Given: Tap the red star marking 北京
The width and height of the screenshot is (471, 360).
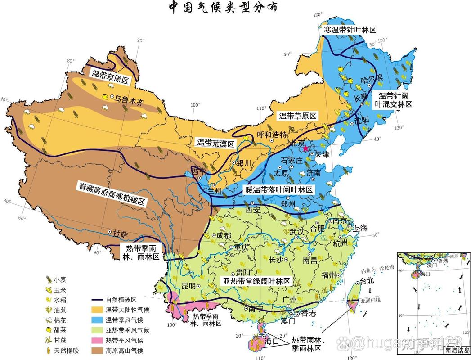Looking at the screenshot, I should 306,148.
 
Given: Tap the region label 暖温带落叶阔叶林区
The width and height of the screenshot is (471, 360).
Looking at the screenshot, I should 279,190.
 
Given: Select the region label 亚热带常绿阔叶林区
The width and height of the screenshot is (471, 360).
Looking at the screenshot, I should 257,281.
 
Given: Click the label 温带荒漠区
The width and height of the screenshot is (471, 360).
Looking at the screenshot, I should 215,144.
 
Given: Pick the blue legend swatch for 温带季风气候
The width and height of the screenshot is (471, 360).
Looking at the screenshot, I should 96,320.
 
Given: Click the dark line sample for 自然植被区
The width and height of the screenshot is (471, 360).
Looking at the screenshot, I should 96,300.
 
